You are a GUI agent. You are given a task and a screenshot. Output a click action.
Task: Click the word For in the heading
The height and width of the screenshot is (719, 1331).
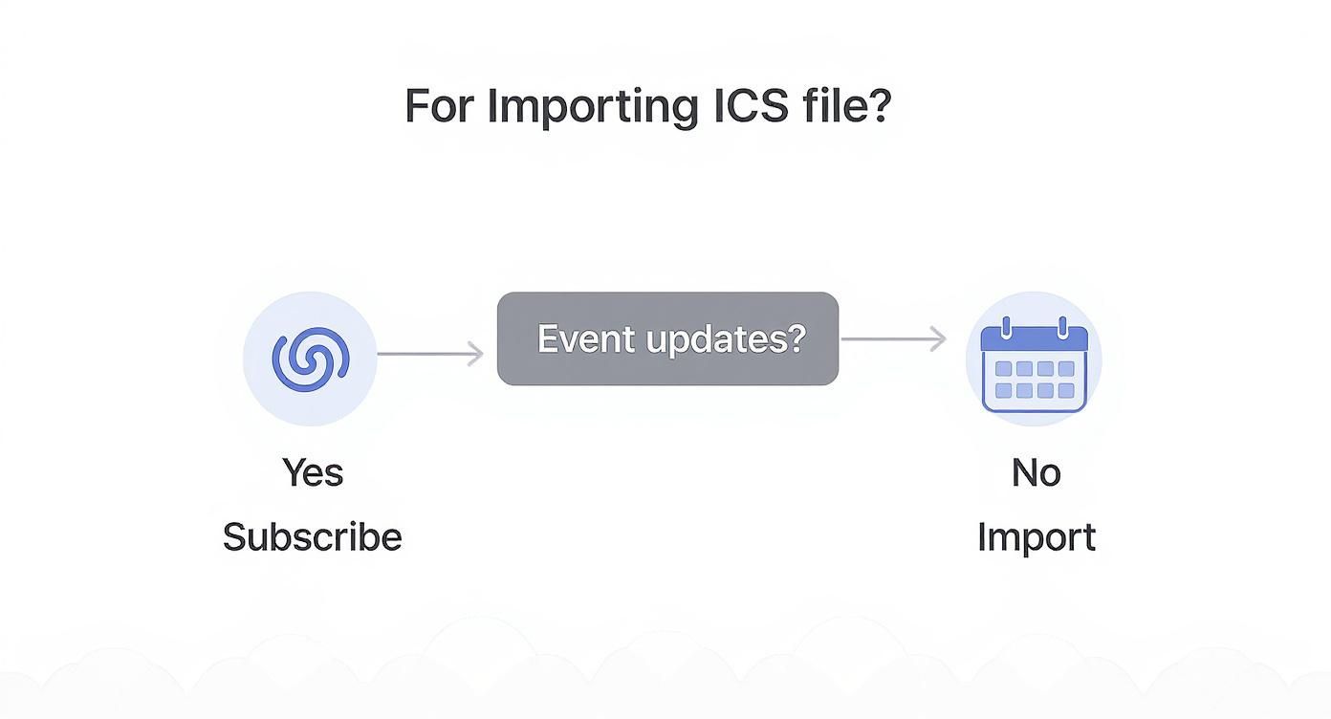(x=440, y=105)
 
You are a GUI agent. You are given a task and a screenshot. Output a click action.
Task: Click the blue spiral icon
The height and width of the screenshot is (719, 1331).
(x=311, y=359)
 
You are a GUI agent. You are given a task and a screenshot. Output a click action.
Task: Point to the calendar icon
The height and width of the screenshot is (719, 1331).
(x=1035, y=362)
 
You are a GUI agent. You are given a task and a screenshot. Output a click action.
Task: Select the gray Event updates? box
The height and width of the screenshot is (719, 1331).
(x=667, y=338)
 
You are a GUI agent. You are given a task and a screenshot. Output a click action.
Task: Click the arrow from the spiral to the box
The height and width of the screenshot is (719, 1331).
(x=430, y=354)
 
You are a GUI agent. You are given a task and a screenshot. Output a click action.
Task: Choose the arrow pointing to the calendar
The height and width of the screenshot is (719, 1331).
(x=893, y=338)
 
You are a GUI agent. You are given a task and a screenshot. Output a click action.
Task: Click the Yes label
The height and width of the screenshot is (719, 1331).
(x=312, y=472)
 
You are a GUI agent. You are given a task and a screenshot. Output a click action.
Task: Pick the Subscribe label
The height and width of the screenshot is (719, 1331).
(x=312, y=537)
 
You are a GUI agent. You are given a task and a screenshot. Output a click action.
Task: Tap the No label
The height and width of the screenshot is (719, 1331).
(x=1036, y=472)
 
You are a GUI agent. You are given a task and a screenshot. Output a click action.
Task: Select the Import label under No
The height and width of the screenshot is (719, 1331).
(x=1036, y=537)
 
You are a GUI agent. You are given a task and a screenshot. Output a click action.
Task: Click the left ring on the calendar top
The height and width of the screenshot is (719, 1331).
(x=1005, y=328)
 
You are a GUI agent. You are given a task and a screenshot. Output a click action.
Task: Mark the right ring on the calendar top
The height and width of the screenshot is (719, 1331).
(x=1062, y=328)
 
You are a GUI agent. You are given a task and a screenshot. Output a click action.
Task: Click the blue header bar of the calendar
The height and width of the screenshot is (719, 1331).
(x=1035, y=339)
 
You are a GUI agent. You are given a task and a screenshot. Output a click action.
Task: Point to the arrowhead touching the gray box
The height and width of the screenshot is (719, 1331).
(x=475, y=354)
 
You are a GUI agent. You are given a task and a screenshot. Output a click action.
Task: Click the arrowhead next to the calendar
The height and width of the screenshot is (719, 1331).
(x=938, y=338)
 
